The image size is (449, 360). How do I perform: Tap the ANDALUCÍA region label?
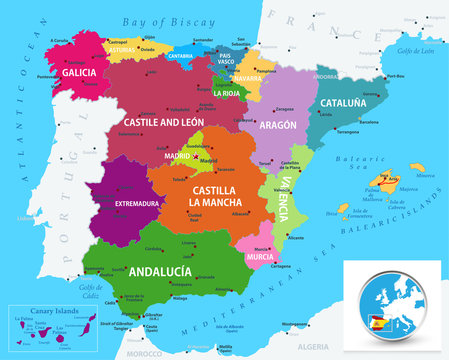pos(160,270)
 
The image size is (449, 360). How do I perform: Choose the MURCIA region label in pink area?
pos(260,256)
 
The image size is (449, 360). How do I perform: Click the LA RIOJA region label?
pos(227,96)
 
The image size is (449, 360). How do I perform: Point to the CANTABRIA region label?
pos(181,57)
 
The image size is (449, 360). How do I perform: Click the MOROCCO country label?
pos(157,352)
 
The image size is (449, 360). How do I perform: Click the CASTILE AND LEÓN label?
pos(164,121)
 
